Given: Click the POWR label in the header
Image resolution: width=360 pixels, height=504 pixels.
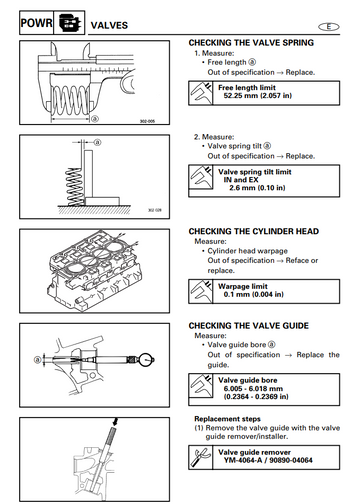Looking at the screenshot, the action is click(x=36, y=23).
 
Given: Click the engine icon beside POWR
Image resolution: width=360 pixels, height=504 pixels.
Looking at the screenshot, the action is click(x=70, y=23).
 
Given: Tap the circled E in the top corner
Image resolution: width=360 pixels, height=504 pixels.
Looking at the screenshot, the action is click(x=328, y=27).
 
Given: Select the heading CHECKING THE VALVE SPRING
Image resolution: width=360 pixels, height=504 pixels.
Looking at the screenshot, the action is click(x=251, y=43).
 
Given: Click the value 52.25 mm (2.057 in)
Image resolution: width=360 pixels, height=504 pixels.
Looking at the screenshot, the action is click(x=257, y=96).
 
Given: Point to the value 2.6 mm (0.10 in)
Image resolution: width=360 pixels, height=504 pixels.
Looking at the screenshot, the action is click(x=257, y=188).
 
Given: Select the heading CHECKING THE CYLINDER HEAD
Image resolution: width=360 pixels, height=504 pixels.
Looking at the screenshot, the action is click(x=254, y=231).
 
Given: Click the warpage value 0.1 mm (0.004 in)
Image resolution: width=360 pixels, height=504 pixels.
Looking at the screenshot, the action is click(x=253, y=294).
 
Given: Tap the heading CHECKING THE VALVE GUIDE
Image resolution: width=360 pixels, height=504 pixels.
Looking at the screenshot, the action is click(x=249, y=326).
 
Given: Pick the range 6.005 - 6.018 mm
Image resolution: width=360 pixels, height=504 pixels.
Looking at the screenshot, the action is click(x=253, y=389).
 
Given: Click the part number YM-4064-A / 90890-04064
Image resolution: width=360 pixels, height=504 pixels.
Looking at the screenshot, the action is click(x=268, y=460).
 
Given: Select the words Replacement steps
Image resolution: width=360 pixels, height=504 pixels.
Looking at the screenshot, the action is click(x=227, y=419).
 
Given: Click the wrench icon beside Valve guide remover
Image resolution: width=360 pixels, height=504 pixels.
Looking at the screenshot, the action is click(x=200, y=457).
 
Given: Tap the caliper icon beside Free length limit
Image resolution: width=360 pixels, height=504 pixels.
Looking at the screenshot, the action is click(x=200, y=93).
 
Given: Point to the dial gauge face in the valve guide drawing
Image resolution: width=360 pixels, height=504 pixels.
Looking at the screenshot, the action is click(x=145, y=360).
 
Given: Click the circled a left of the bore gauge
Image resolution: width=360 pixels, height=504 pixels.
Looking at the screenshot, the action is click(x=38, y=360).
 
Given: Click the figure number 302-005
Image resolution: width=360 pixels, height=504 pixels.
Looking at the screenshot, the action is click(x=147, y=121).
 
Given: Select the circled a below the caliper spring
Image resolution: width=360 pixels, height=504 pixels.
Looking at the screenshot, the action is click(x=95, y=119).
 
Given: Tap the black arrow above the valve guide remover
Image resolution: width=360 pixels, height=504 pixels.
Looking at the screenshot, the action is click(x=115, y=422).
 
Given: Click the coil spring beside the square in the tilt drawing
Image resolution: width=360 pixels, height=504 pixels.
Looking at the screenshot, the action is click(x=75, y=187).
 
